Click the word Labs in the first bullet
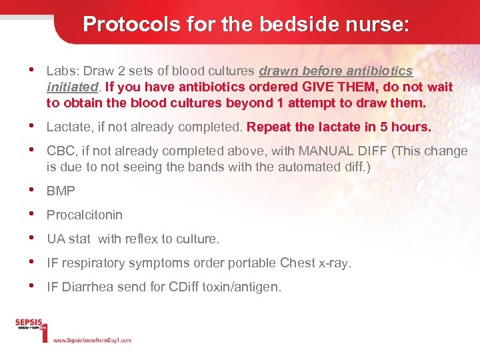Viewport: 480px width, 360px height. (x=59, y=71)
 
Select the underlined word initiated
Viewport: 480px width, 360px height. (x=73, y=87)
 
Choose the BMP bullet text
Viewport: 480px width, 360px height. (x=61, y=191)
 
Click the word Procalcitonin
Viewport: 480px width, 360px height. (x=85, y=215)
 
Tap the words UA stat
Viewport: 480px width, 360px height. (x=69, y=239)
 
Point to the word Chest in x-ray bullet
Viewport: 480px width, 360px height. (x=297, y=263)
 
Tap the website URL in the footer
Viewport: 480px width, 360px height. (x=92, y=340)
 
